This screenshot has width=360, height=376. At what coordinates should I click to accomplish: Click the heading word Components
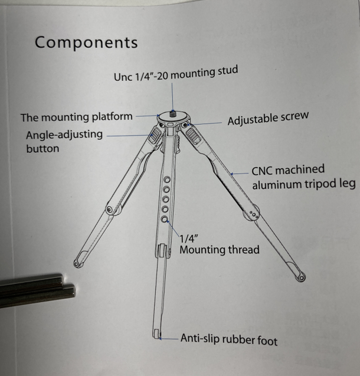pyautogui.click(x=86, y=42)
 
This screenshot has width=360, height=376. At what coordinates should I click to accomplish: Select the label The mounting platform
pyautogui.click(x=77, y=117)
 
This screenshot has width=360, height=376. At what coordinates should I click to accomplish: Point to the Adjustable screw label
pyautogui.click(x=267, y=119)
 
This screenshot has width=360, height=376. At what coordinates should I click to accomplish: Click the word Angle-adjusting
pyautogui.click(x=64, y=135)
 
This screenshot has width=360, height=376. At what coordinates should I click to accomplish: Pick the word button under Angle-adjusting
pyautogui.click(x=42, y=149)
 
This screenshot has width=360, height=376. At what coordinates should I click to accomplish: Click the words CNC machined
pyautogui.click(x=287, y=171)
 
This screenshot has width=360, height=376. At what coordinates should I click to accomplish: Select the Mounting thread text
pyautogui.click(x=219, y=250)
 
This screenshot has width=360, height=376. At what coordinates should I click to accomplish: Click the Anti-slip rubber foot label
pyautogui.click(x=228, y=339)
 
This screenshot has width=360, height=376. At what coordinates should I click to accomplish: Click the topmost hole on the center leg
pyautogui.click(x=168, y=179)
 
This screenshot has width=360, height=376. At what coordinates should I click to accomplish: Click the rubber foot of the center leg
pyautogui.click(x=157, y=335)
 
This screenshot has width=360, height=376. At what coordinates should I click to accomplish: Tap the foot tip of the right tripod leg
pyautogui.click(x=301, y=276)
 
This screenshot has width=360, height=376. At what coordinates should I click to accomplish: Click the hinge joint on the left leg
pyautogui.click(x=110, y=210)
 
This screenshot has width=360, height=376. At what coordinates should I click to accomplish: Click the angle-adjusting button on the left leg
pyautogui.click(x=155, y=137)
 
